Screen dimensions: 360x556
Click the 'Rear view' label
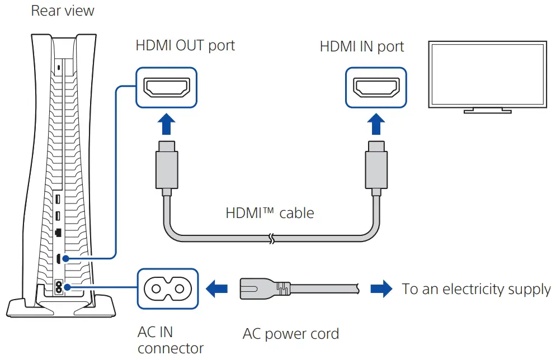[63, 11]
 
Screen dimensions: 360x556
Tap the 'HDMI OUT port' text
[185, 45]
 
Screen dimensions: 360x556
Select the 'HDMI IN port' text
[362, 46]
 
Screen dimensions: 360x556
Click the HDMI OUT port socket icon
[167, 87]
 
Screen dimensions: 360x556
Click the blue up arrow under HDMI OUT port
[167, 124]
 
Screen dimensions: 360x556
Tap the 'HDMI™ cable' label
[270, 213]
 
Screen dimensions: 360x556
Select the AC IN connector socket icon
[167, 288]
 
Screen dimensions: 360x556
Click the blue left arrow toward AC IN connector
[217, 288]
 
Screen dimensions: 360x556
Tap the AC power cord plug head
[263, 288]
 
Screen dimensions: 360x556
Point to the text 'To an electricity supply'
[476, 289]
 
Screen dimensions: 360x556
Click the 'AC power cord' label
[290, 334]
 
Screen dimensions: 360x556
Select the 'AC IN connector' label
[170, 340]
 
